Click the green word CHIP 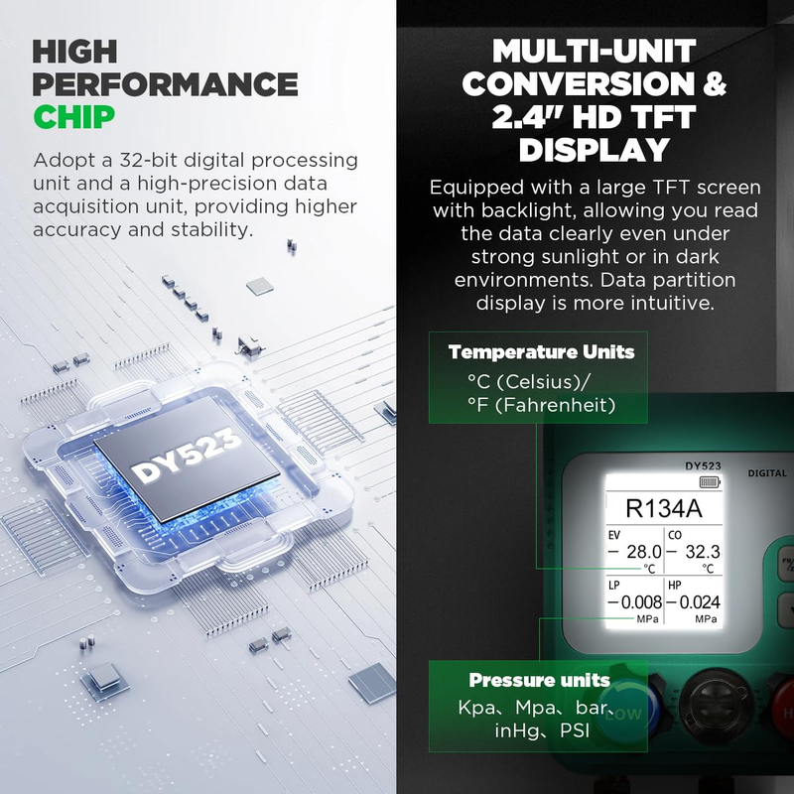point(73,116)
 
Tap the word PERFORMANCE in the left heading point(165,84)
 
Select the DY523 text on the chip point(186,457)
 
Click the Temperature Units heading point(541,351)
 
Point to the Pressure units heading point(539,680)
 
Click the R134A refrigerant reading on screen point(664,508)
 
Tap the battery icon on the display point(710,481)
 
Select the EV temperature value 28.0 point(643,552)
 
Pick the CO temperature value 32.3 point(703,552)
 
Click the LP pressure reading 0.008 point(640,602)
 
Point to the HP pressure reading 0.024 point(700,602)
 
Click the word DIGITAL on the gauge point(767,473)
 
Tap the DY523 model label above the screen point(703,465)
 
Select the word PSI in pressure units point(575,730)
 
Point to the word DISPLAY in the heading point(595,150)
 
